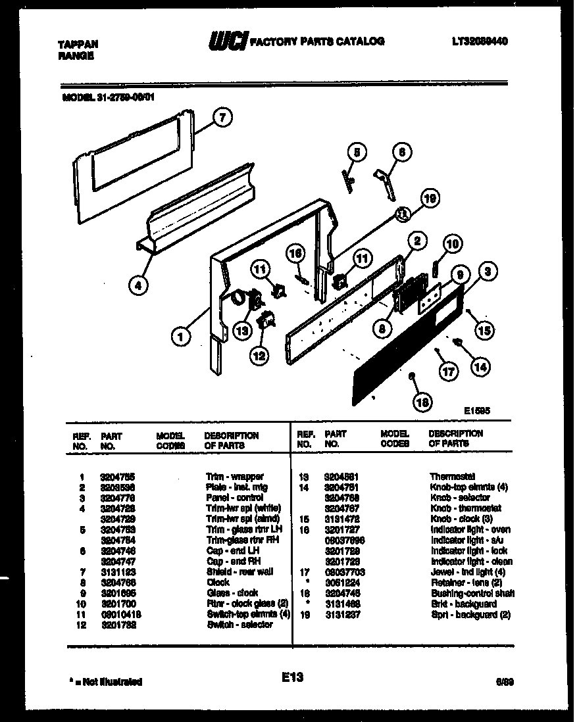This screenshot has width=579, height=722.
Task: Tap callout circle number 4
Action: pyautogui.click(x=138, y=285)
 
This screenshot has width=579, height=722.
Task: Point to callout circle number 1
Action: pyautogui.click(x=181, y=337)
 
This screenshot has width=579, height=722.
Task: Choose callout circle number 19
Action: pyautogui.click(x=430, y=198)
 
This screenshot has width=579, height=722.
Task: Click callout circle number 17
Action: pyautogui.click(x=448, y=371)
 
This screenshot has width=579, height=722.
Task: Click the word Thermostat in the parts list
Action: pyautogui.click(x=452, y=476)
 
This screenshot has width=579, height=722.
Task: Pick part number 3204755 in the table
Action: pyautogui.click(x=116, y=476)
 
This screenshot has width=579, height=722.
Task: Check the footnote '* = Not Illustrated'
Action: pyautogui.click(x=105, y=682)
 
